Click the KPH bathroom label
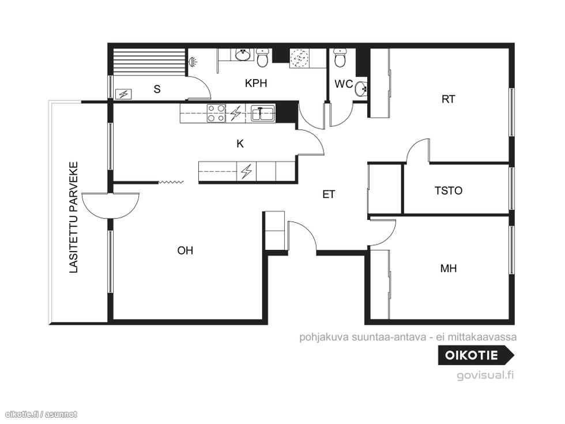point(256,83)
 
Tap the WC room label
point(344,84)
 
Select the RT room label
point(449,99)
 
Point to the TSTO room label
point(449,190)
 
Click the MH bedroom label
point(449,268)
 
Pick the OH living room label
point(185,250)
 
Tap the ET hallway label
point(328,195)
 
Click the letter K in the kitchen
point(240,144)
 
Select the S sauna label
point(157,89)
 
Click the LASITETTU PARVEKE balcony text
point(74,217)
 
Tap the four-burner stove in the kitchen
point(216,113)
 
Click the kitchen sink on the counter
point(263,113)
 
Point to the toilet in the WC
point(340,58)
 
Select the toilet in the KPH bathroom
point(262,58)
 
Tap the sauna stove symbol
point(123,94)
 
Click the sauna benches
point(149,62)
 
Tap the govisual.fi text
point(485,376)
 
